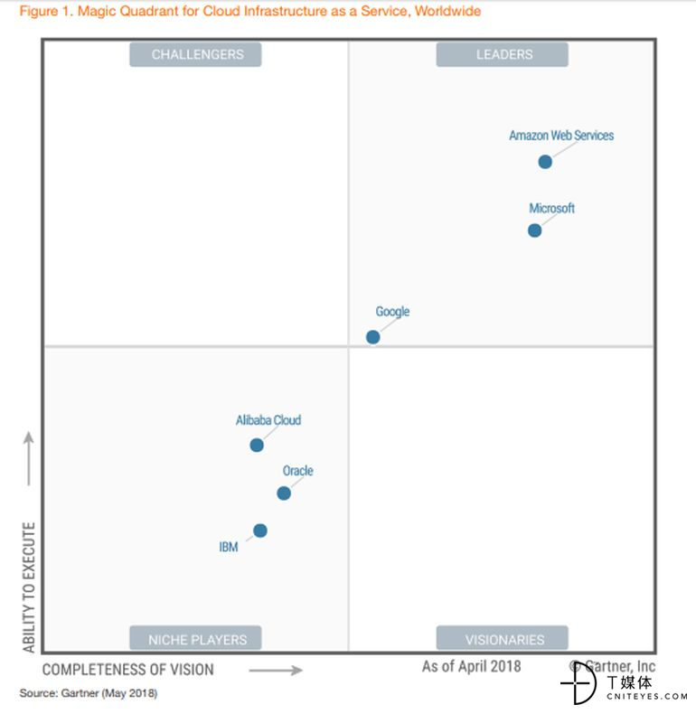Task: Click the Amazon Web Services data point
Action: [x=545, y=162]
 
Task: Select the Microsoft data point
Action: [x=535, y=230]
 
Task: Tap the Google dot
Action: [x=372, y=337]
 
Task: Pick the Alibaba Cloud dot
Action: [x=257, y=445]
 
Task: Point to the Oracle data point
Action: [x=284, y=493]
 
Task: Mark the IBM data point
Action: [x=260, y=531]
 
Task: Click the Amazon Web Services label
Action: [x=561, y=136]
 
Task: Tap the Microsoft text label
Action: [x=552, y=209]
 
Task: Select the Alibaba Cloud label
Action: [x=268, y=420]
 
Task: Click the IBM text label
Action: [x=229, y=547]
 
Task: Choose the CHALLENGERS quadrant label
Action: [x=195, y=54]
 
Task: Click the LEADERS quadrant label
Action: [x=503, y=54]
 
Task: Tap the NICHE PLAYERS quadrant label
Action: [x=195, y=639]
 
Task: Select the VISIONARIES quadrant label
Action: [x=503, y=639]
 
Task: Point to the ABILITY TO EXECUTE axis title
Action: [x=29, y=587]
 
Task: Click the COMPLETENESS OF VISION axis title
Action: [x=128, y=670]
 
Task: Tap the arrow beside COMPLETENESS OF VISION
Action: [x=275, y=671]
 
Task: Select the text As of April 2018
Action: [x=472, y=667]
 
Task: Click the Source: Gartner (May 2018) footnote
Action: [x=89, y=693]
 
